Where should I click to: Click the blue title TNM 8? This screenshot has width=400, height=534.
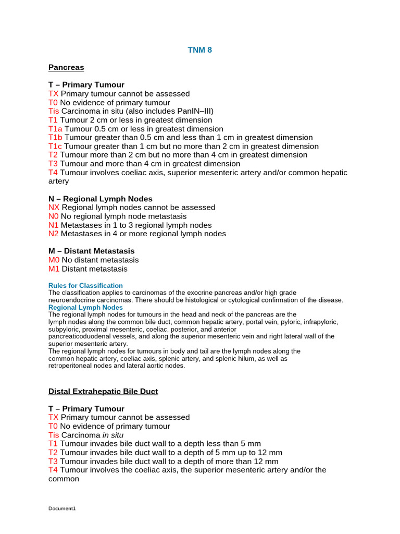click(200, 50)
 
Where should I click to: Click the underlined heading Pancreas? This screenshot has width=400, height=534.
click(66, 67)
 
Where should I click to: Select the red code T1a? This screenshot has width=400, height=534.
click(55, 129)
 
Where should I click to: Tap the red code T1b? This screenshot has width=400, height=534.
click(55, 138)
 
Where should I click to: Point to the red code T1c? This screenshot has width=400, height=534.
click(55, 147)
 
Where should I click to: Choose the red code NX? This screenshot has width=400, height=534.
click(54, 208)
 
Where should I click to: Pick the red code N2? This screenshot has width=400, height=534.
click(53, 234)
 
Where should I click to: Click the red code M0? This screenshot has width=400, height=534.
click(54, 260)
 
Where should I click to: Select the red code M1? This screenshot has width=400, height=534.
click(54, 269)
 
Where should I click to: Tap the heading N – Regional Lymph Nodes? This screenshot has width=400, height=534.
click(101, 199)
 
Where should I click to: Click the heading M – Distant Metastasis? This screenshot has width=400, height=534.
click(91, 251)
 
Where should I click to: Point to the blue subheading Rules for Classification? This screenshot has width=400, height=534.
click(85, 286)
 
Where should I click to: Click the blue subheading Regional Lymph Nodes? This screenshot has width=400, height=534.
click(85, 308)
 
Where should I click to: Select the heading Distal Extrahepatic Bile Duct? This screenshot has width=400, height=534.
click(103, 391)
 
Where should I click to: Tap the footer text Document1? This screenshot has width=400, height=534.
click(62, 508)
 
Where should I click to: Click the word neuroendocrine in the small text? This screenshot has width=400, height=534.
click(68, 300)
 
